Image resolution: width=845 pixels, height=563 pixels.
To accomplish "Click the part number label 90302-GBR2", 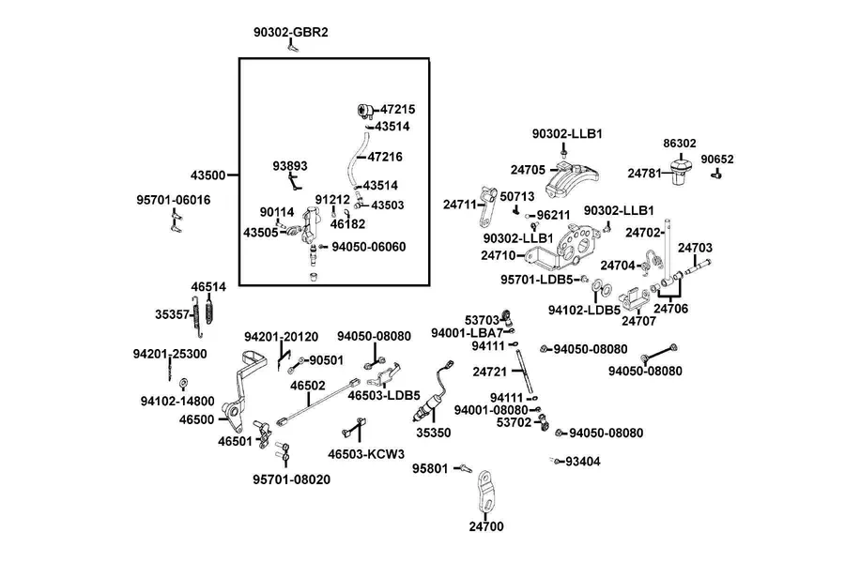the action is [291, 32].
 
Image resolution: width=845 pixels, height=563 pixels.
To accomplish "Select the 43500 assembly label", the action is [207, 175].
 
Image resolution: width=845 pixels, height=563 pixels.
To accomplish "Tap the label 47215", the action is [398, 110].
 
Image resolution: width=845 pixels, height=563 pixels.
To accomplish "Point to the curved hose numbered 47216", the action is [356, 159].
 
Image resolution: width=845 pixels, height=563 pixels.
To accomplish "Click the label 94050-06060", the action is [369, 247].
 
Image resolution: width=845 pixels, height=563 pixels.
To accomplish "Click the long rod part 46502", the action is [318, 403].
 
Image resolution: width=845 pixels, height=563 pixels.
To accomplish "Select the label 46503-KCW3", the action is [366, 454].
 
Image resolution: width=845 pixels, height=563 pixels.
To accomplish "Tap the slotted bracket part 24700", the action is [485, 493].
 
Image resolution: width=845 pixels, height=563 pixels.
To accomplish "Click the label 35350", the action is [433, 433].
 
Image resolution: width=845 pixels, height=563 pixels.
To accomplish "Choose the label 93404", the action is [582, 462].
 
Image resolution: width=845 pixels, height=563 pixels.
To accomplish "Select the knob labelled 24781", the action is [680, 171].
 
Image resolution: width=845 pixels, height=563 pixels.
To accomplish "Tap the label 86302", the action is [680, 144].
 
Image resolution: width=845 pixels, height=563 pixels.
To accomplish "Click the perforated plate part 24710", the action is [566, 249].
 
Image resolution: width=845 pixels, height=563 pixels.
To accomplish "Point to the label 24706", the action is [671, 309].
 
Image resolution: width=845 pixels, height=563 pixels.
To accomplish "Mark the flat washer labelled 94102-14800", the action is [183, 384].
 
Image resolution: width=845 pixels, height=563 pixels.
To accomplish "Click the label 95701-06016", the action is [174, 200].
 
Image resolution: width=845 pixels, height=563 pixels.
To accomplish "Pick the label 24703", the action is [695, 248].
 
